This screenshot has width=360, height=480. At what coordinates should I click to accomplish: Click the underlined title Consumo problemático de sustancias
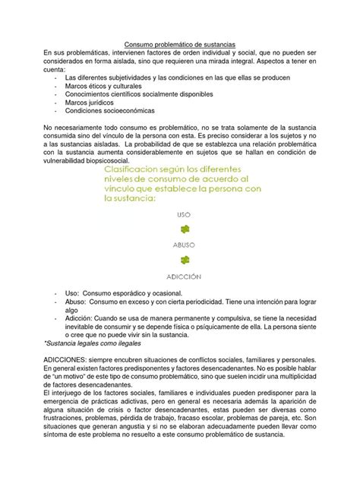point(180,44)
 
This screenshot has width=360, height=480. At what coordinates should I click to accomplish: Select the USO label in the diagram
point(183,216)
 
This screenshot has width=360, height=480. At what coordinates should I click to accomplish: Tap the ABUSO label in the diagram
point(183,245)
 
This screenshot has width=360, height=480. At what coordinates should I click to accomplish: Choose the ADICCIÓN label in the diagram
point(183,276)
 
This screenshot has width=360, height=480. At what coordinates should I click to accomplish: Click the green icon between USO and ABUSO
point(184,230)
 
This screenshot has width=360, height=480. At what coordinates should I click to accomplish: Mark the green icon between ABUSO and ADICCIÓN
point(184,261)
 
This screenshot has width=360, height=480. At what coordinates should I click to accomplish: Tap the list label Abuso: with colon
point(76,302)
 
